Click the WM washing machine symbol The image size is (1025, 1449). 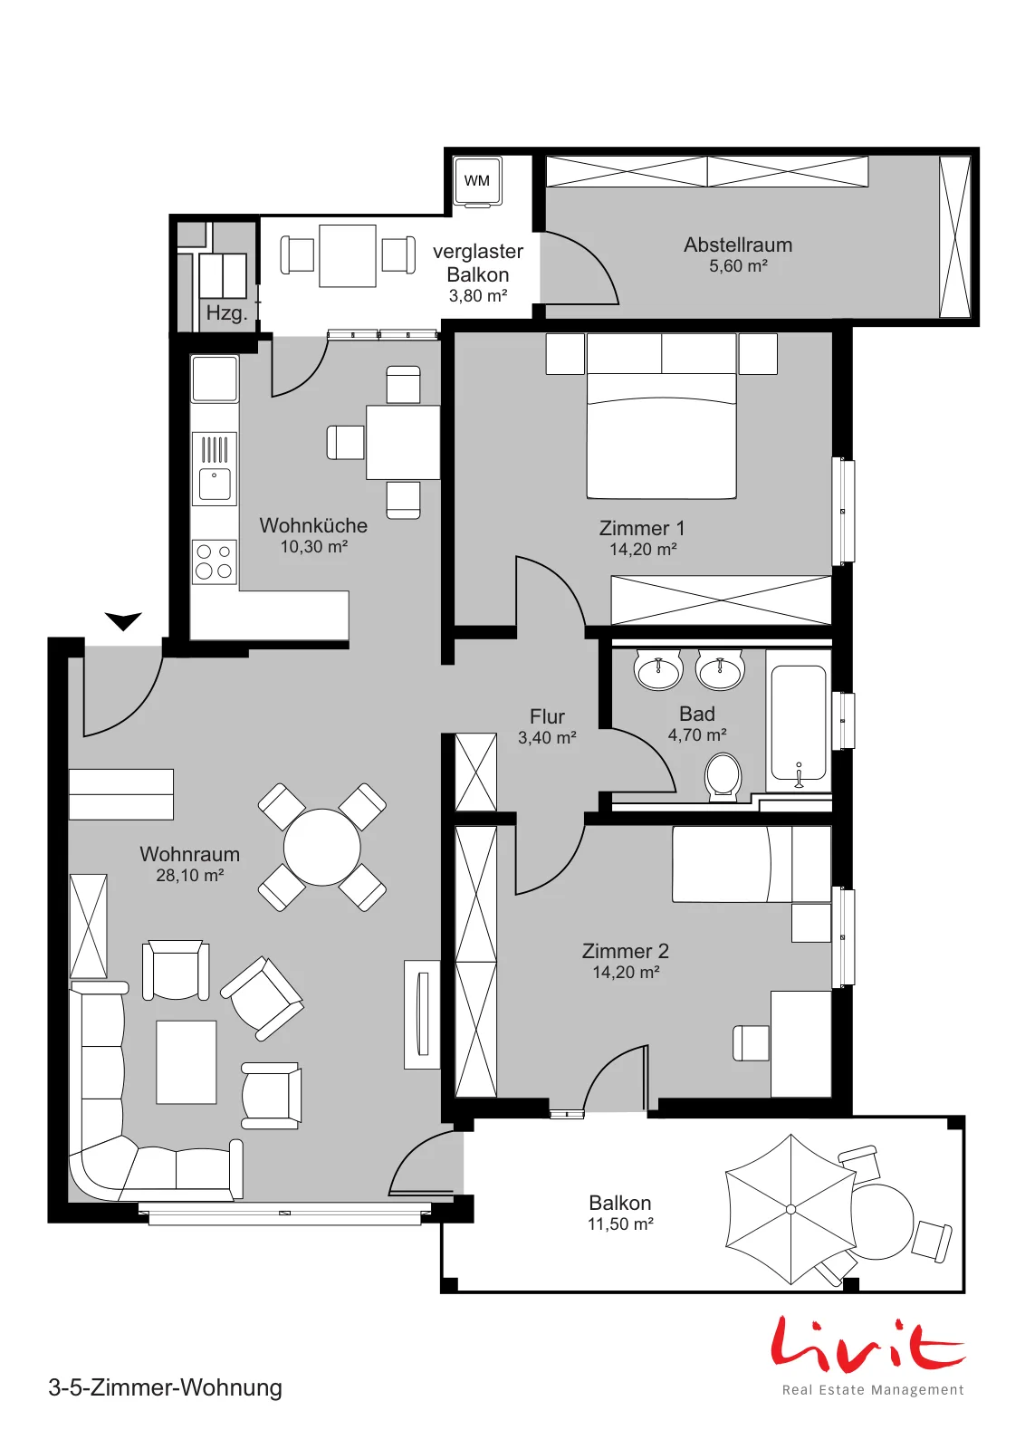click(x=477, y=181)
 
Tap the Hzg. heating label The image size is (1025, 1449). click(x=226, y=313)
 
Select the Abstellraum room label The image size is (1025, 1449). click(x=738, y=245)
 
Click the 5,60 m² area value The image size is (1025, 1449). click(x=738, y=266)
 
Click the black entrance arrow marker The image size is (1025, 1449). click(x=123, y=621)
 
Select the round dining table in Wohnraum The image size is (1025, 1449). click(x=322, y=847)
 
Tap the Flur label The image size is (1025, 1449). click(x=547, y=716)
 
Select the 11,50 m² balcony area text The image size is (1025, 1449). click(x=620, y=1223)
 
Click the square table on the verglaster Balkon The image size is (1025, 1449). click(x=348, y=255)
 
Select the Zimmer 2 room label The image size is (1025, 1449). click(x=626, y=951)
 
